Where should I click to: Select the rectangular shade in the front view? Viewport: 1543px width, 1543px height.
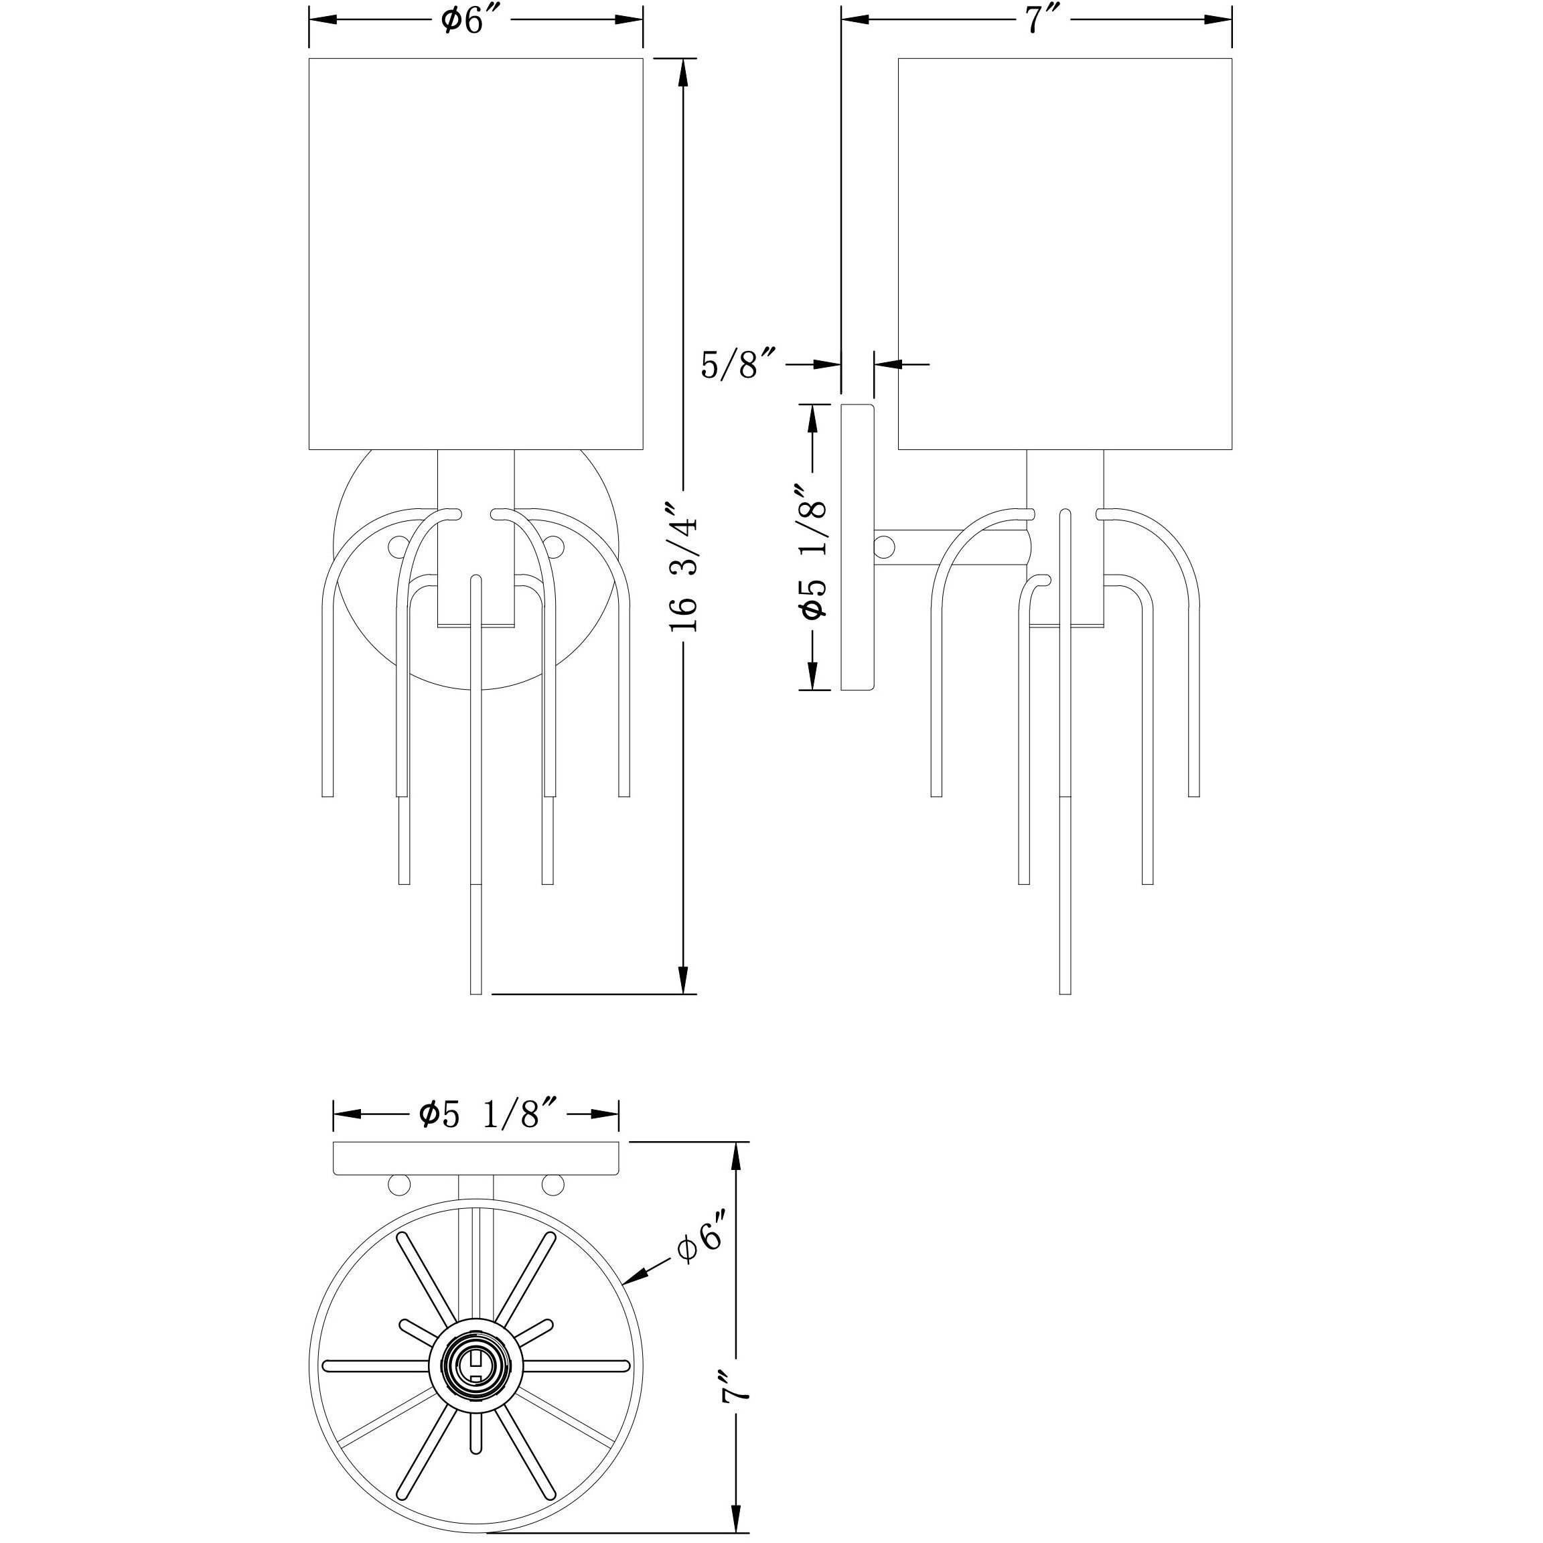click(476, 254)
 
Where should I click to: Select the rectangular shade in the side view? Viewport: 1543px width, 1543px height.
click(1066, 254)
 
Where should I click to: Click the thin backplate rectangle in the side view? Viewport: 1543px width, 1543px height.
click(858, 548)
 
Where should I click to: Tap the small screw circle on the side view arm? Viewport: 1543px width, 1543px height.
click(884, 547)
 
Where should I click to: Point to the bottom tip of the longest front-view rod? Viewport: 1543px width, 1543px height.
click(477, 991)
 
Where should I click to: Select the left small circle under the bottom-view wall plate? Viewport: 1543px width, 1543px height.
click(398, 1186)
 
